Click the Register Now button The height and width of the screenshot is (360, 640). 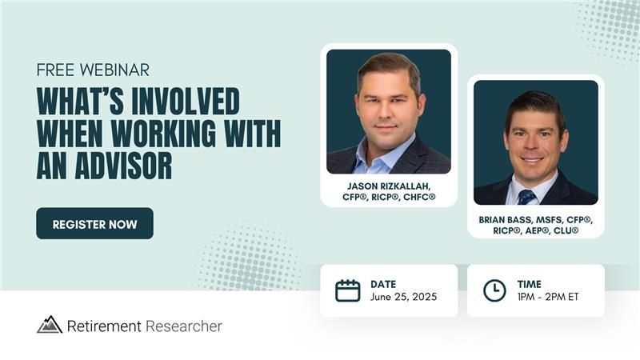94,223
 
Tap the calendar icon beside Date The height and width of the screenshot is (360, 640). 348,290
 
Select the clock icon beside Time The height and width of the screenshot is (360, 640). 494,290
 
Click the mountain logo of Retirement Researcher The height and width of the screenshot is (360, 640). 50,325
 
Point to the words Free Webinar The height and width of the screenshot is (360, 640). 93,70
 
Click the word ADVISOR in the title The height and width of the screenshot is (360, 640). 124,166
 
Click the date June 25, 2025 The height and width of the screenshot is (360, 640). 404,297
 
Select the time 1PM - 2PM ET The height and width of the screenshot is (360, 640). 548,297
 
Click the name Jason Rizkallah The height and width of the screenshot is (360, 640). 389,186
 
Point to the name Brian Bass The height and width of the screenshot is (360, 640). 507,219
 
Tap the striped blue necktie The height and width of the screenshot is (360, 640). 526,197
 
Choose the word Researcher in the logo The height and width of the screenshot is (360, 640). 184,326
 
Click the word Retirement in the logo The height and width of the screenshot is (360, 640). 104,326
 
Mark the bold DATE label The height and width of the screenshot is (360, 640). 383,284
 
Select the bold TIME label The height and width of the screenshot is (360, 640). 530,284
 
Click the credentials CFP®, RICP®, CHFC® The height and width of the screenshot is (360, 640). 389,197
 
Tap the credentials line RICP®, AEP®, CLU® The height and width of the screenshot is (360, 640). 535,230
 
